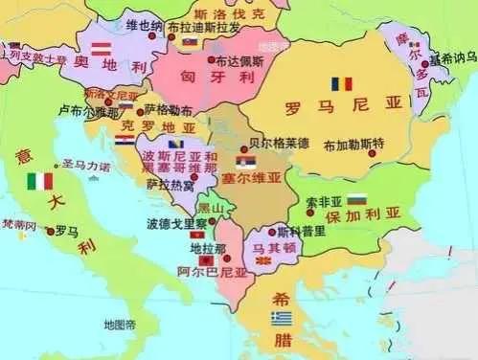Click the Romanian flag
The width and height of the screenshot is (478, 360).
coord(342,84)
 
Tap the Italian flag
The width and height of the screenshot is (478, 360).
coord(39,181)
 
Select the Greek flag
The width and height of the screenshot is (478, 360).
coord(281,317)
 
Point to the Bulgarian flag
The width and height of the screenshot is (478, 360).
coord(356,199)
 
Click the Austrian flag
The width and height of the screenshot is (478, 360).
coord(101,47)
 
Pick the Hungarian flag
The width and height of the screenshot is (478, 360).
coord(190,42)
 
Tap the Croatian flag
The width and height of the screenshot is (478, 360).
coord(124,140)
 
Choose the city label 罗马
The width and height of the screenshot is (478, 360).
coord(66,231)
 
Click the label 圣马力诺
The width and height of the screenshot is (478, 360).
coord(86,165)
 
